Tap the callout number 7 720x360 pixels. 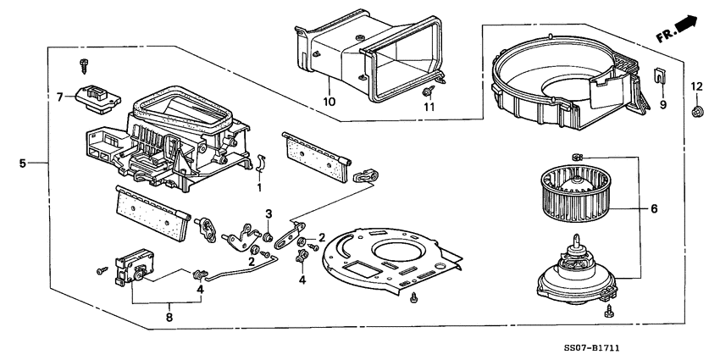coord(60,97)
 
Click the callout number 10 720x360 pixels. coord(330,102)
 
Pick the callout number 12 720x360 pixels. coord(695,86)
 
